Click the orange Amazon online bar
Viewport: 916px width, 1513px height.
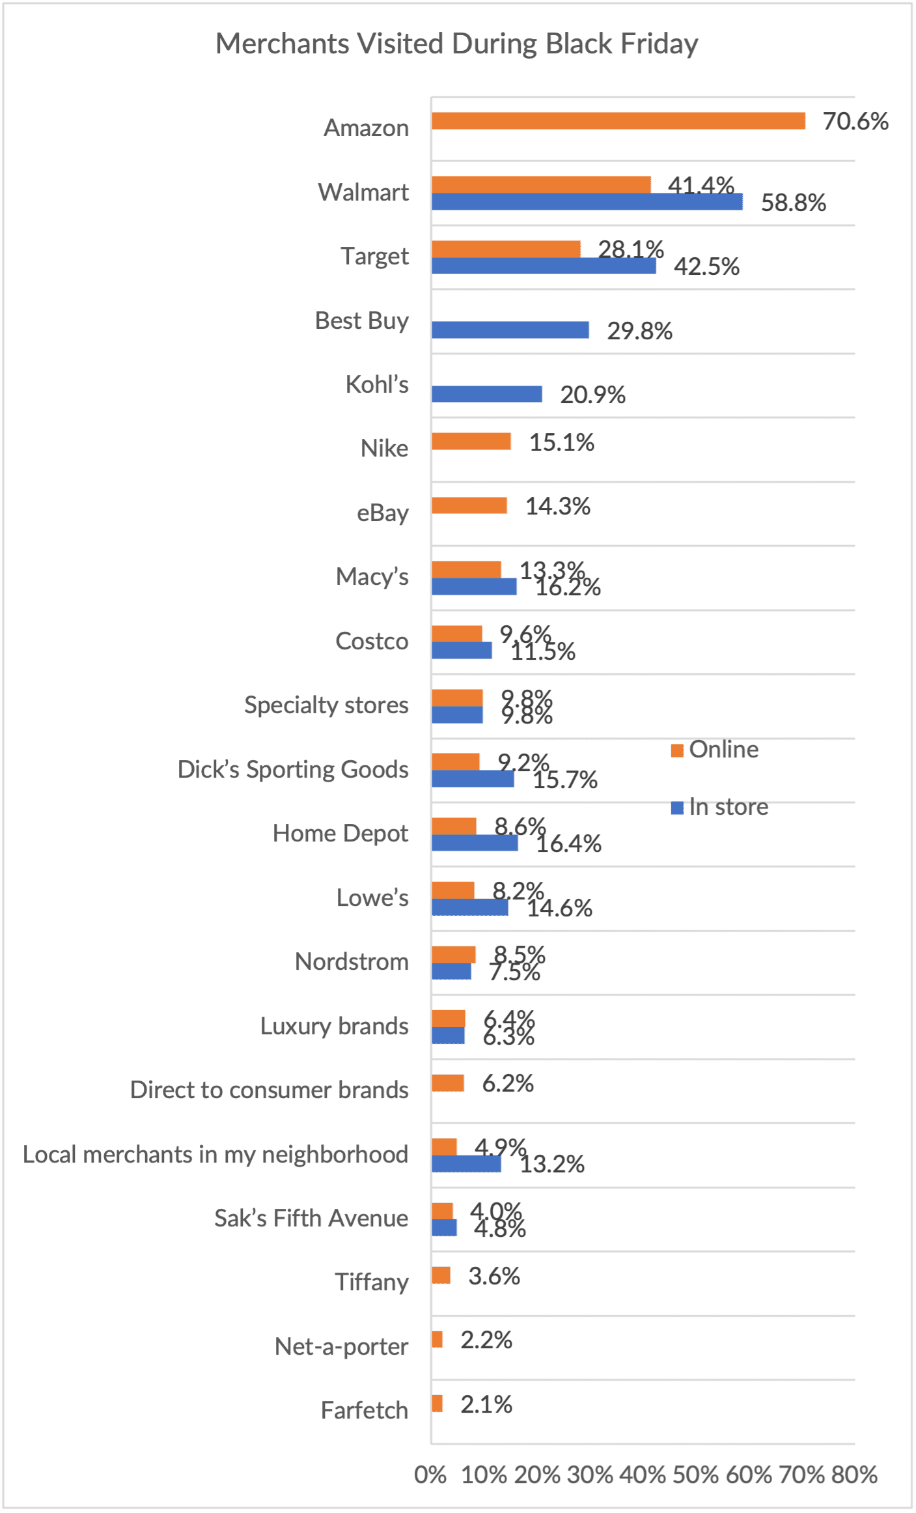click(x=618, y=121)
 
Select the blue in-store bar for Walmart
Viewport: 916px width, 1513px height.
click(x=586, y=202)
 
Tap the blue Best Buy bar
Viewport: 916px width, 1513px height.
click(x=510, y=330)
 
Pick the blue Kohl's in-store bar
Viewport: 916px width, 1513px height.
click(x=486, y=394)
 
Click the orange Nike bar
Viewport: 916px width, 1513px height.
click(x=471, y=442)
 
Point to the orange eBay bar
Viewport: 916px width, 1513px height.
click(x=469, y=505)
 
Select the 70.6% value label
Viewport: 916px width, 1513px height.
click(x=855, y=122)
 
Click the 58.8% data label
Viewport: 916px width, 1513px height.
click(x=793, y=203)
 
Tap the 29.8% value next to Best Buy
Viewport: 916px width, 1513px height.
click(x=639, y=331)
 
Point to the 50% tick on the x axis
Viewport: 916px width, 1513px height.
click(x=695, y=1475)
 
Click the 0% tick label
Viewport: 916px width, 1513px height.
click(x=430, y=1475)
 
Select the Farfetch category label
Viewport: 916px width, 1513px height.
click(x=364, y=1411)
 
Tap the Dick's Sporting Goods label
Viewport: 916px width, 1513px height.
click(x=293, y=769)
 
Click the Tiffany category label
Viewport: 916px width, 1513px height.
click(x=372, y=1282)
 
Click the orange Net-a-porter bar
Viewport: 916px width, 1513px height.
click(x=437, y=1340)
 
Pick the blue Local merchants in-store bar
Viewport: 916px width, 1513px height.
click(x=466, y=1164)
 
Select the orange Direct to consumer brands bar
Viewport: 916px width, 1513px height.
click(x=448, y=1083)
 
